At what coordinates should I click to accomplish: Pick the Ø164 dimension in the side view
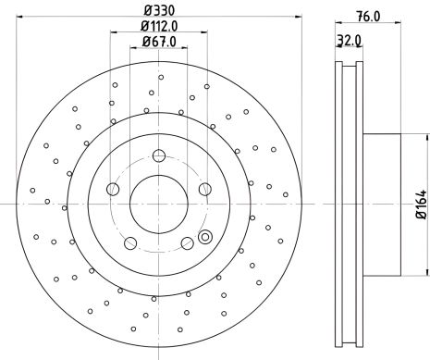[422, 202]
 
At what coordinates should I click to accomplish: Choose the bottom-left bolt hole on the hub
[129, 243]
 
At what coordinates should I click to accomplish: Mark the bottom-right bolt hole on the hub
[188, 243]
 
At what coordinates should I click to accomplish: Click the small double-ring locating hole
[205, 236]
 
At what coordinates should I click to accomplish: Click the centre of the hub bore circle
[159, 203]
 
